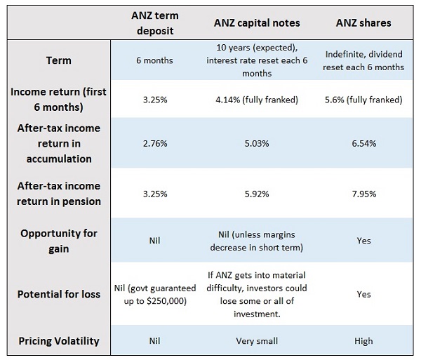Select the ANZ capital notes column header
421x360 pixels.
(x=256, y=23)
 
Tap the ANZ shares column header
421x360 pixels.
(x=363, y=23)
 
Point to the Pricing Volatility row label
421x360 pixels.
(x=60, y=341)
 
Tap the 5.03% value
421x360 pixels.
(x=256, y=143)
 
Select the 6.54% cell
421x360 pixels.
(x=363, y=143)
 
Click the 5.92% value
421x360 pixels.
(x=256, y=194)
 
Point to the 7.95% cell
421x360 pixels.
(x=363, y=194)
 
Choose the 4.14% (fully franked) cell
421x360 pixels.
(x=256, y=100)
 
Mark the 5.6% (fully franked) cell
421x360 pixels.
(x=363, y=100)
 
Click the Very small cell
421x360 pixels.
(x=256, y=341)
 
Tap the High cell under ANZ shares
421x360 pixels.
(x=363, y=341)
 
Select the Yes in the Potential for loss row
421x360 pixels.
(x=363, y=294)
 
